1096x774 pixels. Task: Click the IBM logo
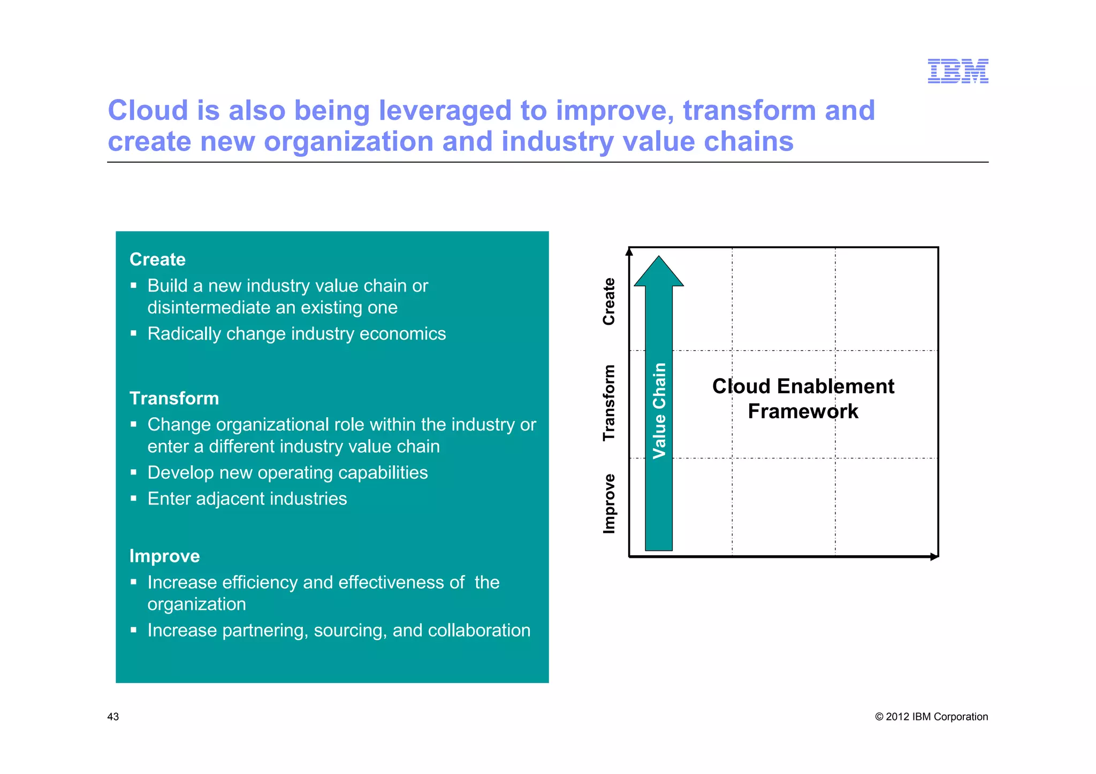click(x=957, y=71)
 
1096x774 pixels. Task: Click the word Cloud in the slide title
click(x=148, y=111)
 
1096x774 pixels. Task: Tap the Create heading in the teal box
click(x=157, y=259)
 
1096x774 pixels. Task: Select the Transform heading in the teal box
click(x=174, y=399)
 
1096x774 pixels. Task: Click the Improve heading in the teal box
click(x=164, y=556)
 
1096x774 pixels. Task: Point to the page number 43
click(x=113, y=717)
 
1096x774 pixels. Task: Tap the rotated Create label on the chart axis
click(x=609, y=301)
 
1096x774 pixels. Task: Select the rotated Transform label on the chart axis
click(x=609, y=403)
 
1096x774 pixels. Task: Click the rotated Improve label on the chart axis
click(x=609, y=503)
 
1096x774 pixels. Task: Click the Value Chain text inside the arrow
click(x=659, y=410)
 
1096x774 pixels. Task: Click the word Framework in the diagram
click(x=803, y=411)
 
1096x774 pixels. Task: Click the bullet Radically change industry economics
click(x=296, y=334)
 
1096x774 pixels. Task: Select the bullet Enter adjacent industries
click(x=247, y=499)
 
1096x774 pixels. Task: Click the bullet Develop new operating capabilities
click(x=287, y=472)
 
